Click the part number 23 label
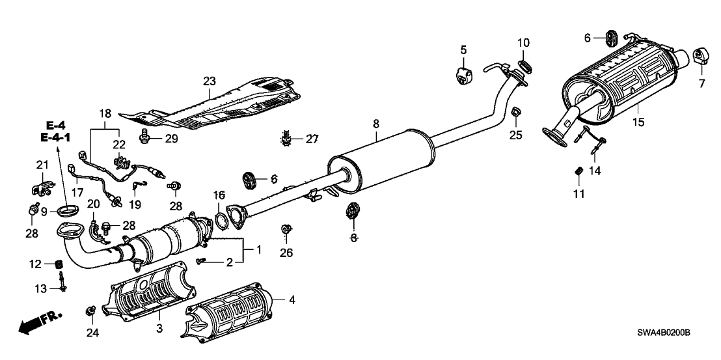(x=209, y=81)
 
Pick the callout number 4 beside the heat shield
(x=292, y=300)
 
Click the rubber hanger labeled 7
(x=703, y=56)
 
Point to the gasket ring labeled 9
(x=68, y=210)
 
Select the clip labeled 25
(x=515, y=113)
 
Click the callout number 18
(x=104, y=113)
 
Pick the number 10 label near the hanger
(x=524, y=43)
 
